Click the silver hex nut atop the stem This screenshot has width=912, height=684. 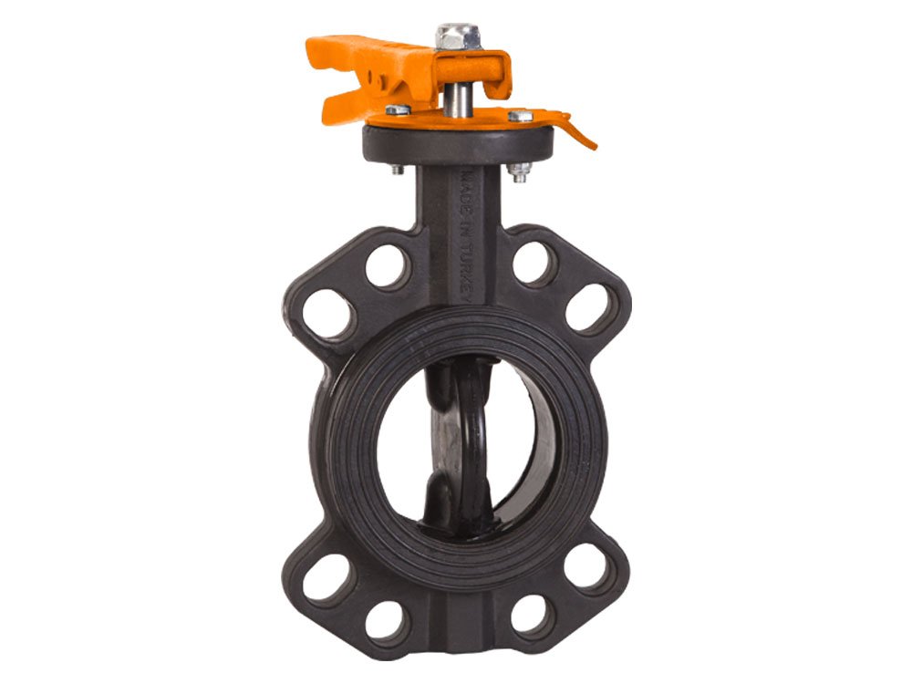[457, 36]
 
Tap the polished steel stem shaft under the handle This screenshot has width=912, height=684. [457, 100]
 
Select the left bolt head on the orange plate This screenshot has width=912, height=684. [398, 109]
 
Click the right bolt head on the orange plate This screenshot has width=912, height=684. [521, 116]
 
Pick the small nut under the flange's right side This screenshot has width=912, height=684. [519, 171]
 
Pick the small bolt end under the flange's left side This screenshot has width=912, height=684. [398, 170]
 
